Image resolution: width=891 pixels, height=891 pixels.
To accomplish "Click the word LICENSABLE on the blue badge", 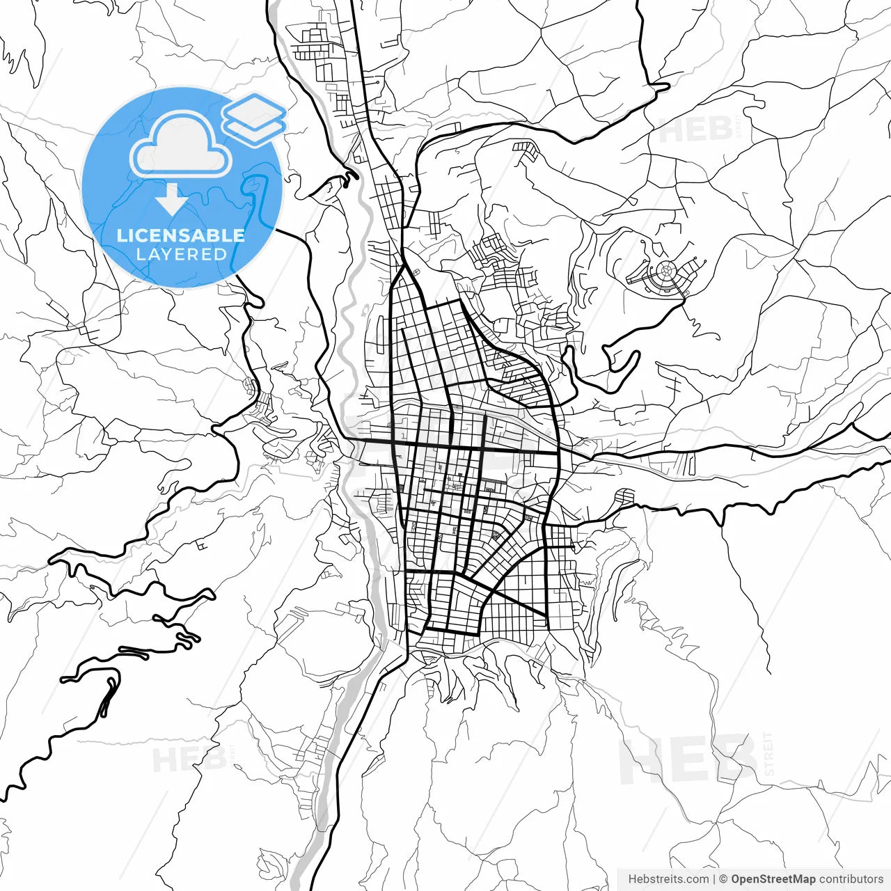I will tap(181, 235).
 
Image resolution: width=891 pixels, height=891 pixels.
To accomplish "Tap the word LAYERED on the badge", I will tap(181, 255).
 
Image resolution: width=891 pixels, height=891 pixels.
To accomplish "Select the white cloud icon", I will tap(181, 145).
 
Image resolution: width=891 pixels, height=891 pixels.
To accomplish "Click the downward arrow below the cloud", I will tap(171, 199).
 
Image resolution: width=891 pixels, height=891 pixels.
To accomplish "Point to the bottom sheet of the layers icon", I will tap(254, 127).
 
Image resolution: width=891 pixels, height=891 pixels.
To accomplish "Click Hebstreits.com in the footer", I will tap(668, 879).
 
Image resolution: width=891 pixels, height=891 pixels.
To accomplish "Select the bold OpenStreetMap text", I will tap(773, 879).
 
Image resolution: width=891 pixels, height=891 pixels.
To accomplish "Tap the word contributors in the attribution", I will tap(851, 879).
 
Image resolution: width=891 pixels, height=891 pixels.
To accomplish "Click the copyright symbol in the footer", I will tap(723, 879).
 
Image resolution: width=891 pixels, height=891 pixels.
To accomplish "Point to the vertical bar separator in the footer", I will tap(714, 879).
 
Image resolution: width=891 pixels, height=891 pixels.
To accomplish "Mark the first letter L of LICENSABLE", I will tap(121, 235).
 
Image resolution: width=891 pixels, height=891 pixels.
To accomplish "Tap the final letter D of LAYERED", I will tap(221, 255).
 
